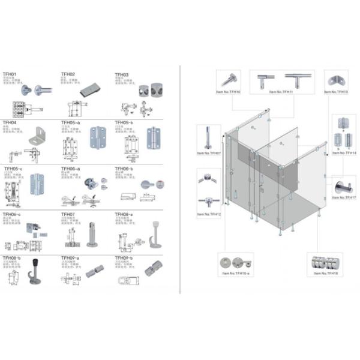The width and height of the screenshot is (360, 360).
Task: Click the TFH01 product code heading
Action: click(x=10, y=75)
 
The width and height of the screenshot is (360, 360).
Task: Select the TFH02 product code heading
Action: click(x=68, y=75)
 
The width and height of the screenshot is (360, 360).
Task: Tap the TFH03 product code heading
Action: click(x=122, y=75)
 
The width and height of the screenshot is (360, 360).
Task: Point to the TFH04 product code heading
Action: click(x=10, y=122)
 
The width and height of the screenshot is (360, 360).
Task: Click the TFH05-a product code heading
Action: click(x=71, y=122)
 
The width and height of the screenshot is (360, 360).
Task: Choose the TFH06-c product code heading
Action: click(x=13, y=214)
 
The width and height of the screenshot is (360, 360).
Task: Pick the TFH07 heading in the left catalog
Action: click(x=68, y=214)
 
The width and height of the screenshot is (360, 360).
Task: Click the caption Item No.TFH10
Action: click(x=228, y=92)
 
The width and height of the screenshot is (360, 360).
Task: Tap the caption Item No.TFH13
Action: click(x=335, y=92)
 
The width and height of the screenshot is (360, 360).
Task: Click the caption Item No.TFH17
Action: click(x=343, y=197)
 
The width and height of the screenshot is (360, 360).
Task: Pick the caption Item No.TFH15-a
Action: click(x=233, y=271)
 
